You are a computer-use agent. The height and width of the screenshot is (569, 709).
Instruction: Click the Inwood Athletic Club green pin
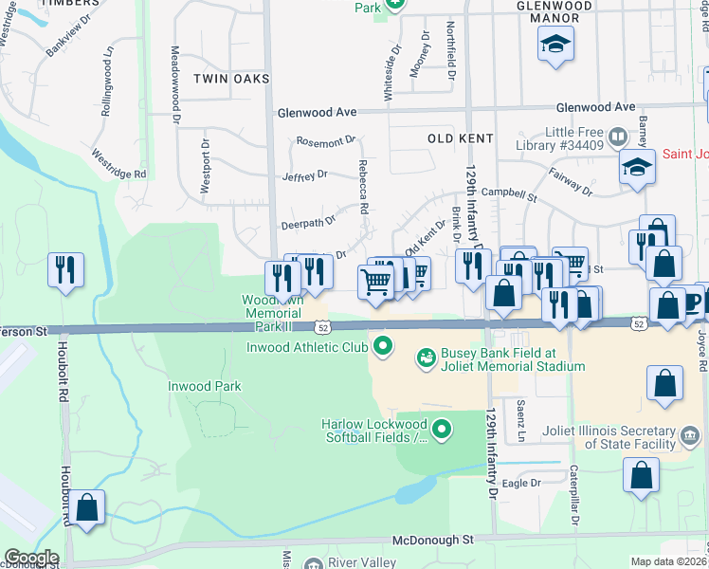tap(383, 346)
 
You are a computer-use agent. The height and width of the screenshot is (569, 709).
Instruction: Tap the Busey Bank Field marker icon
tap(427, 358)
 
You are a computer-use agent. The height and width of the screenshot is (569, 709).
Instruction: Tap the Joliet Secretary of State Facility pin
tap(691, 435)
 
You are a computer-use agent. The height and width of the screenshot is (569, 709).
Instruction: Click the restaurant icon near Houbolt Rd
tap(66, 270)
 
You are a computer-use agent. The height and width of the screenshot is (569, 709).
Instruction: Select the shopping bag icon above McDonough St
tap(87, 507)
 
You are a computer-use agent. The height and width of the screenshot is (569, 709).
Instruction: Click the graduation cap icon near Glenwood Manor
tap(555, 43)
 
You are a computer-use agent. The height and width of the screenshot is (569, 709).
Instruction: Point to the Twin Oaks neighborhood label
tap(231, 78)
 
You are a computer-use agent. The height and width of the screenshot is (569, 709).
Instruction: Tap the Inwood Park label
tap(205, 386)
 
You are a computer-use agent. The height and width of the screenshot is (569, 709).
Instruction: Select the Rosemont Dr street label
tap(324, 142)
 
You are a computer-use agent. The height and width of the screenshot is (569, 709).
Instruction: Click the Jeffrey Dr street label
tap(304, 175)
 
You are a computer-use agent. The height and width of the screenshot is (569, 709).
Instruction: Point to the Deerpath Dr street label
tap(308, 223)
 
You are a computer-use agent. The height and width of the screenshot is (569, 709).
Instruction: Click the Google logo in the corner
tap(30, 558)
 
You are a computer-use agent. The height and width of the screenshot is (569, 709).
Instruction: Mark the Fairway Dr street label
tap(571, 182)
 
